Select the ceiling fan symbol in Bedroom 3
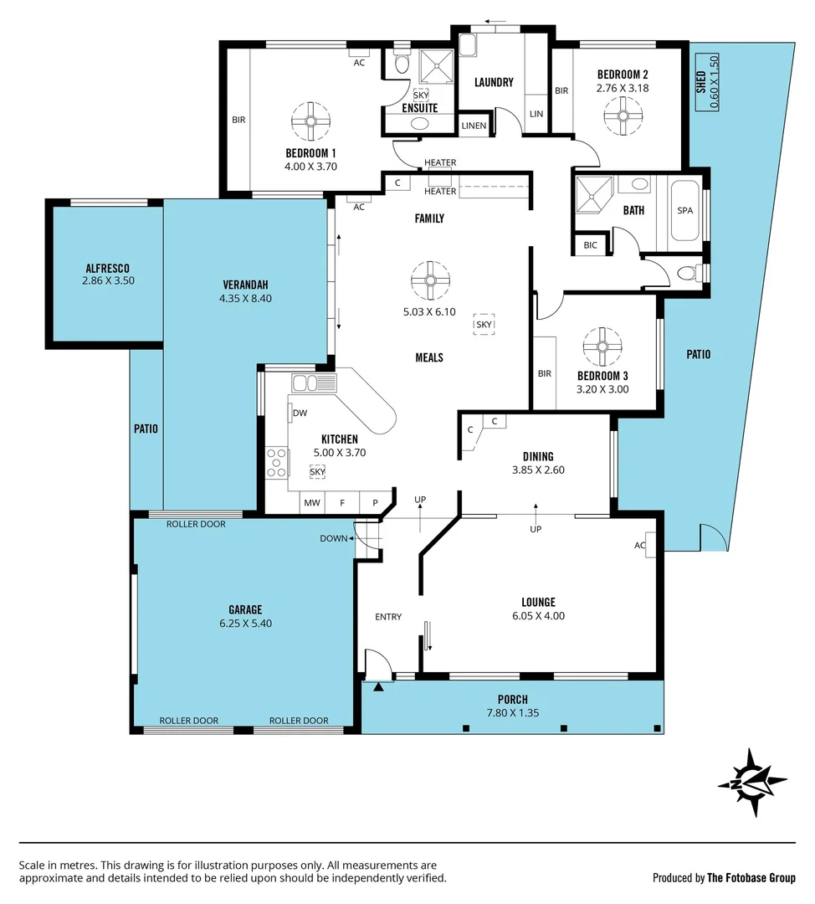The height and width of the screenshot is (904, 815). click(602, 346)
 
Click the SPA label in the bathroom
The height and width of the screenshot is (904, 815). click(684, 211)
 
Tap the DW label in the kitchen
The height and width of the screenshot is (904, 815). click(300, 413)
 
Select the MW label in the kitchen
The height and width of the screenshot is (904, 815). click(312, 503)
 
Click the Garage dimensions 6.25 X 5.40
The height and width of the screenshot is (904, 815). click(245, 623)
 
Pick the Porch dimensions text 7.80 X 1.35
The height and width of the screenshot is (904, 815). click(512, 713)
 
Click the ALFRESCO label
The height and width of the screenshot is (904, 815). click(108, 268)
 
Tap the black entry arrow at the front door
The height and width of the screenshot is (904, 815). click(379, 687)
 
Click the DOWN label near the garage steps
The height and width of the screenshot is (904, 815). click(333, 538)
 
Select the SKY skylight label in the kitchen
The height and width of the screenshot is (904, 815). click(317, 472)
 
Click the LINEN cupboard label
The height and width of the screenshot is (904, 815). click(474, 126)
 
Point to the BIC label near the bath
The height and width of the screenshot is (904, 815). click(591, 245)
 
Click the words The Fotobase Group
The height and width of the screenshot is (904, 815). click(751, 878)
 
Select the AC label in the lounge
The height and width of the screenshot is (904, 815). click(640, 545)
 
